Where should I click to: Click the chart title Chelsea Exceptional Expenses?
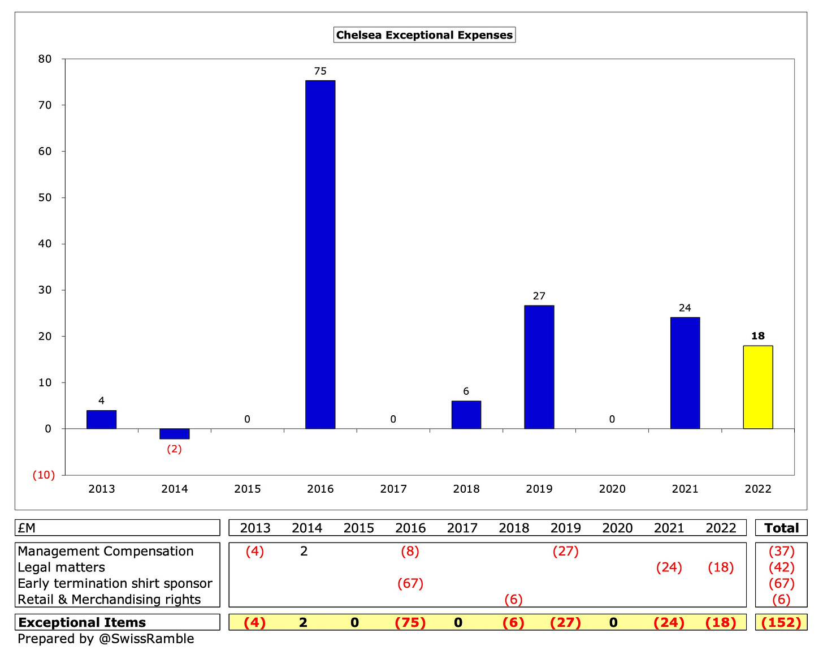424,35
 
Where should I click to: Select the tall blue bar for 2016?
320,255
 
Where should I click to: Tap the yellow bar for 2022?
757,387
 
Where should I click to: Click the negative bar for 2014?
174,434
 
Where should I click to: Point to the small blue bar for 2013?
101,419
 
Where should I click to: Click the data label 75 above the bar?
320,71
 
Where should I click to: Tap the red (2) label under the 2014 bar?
174,449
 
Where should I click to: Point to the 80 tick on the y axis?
45,59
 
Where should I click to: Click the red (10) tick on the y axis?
43,475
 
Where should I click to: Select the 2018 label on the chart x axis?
466,489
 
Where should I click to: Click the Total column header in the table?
781,528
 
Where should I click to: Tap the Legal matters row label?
61,567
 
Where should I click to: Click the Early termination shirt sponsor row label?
115,583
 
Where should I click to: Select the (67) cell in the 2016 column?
410,583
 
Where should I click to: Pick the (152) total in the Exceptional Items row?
781,622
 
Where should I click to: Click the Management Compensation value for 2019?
565,552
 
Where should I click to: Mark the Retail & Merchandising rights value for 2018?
513,599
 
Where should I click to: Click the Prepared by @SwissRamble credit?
106,639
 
